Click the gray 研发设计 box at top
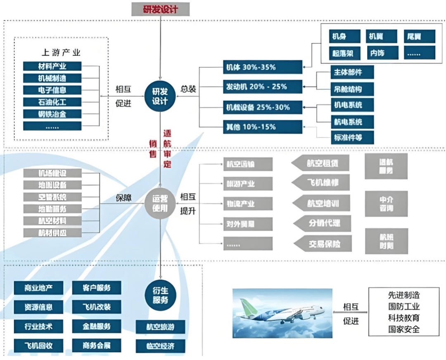[160, 9]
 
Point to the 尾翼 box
[419, 36]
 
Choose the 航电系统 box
[352, 122]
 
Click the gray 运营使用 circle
[160, 203]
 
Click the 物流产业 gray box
[248, 204]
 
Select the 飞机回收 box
[38, 345]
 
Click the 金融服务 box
[97, 326]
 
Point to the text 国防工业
[404, 307]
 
